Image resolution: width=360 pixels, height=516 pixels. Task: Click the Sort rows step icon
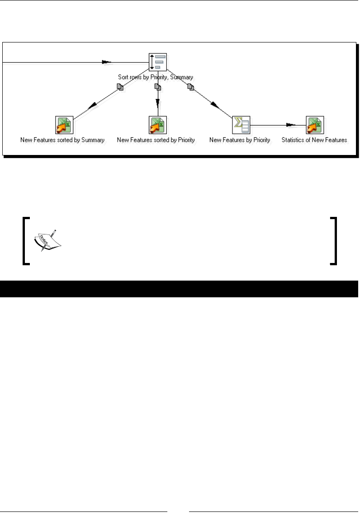coord(158,62)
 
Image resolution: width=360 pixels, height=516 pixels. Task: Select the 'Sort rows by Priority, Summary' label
coord(156,77)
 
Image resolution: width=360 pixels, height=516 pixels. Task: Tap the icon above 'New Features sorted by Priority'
coord(158,125)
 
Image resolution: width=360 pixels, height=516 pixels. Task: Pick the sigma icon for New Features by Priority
coord(241,125)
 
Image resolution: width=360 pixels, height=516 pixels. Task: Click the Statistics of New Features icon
coord(315,125)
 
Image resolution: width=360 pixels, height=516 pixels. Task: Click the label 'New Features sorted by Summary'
coord(62,140)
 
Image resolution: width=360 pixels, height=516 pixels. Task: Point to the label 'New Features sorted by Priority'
coord(156,140)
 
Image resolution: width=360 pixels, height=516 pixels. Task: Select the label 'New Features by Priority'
coord(240,140)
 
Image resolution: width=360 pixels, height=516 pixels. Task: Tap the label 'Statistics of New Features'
coord(314,140)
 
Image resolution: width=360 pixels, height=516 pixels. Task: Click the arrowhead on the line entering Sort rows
coord(106,62)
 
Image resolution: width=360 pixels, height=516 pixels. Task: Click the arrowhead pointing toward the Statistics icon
coord(290,125)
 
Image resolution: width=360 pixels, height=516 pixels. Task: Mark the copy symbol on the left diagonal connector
coord(120,87)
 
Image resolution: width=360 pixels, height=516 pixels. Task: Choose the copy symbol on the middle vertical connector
coord(158,87)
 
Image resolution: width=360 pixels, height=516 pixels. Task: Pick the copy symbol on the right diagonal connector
coord(191,87)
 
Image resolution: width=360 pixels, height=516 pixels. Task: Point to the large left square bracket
coord(25,240)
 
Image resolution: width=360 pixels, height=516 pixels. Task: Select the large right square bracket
coord(334,240)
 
